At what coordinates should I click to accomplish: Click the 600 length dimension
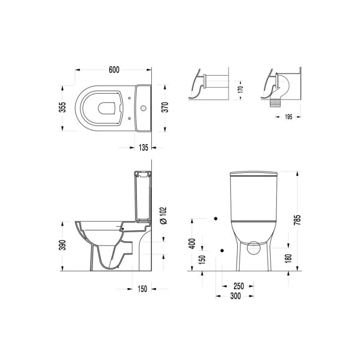coord(114,70)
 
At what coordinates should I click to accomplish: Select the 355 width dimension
coord(63,107)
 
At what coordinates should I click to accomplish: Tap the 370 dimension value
coord(165,107)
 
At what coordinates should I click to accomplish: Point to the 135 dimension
coord(144,148)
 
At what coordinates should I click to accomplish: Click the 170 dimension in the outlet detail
coord(240,89)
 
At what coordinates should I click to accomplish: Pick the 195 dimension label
coord(288,117)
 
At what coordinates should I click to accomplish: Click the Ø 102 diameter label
coord(163,216)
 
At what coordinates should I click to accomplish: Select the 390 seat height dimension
coord(63,245)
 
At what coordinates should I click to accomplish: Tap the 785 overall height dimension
coord(297,220)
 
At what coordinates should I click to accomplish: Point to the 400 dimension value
coord(192,243)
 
